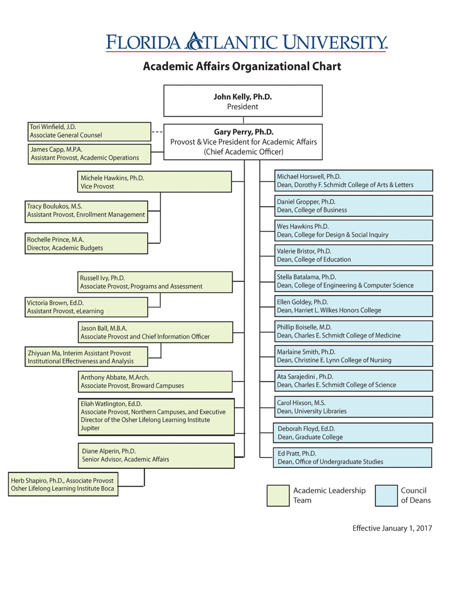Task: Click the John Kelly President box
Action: (x=243, y=101)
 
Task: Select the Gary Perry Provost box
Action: (x=243, y=142)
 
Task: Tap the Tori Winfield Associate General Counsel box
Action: (x=89, y=131)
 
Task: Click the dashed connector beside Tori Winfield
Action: (x=157, y=131)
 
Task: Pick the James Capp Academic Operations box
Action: (x=89, y=154)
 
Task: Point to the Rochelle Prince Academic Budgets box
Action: (x=86, y=243)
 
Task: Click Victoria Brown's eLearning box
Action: (x=86, y=307)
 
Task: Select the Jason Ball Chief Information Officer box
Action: (x=155, y=332)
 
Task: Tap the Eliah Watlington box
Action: (x=156, y=416)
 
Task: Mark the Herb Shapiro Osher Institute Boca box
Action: (x=63, y=484)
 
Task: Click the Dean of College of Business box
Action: (x=354, y=206)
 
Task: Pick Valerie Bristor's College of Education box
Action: (x=354, y=255)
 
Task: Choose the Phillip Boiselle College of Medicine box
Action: (x=354, y=331)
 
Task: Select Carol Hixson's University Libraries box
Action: (x=354, y=407)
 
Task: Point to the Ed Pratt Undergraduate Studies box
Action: (x=353, y=458)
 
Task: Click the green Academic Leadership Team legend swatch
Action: (x=278, y=496)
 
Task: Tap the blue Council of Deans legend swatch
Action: (x=386, y=496)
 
